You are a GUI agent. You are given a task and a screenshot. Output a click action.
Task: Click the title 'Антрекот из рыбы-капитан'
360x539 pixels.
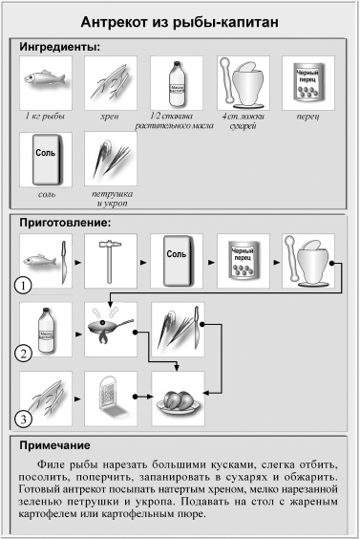coord(180,21)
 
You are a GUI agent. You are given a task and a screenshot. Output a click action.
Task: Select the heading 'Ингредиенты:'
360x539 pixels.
coord(60,45)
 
